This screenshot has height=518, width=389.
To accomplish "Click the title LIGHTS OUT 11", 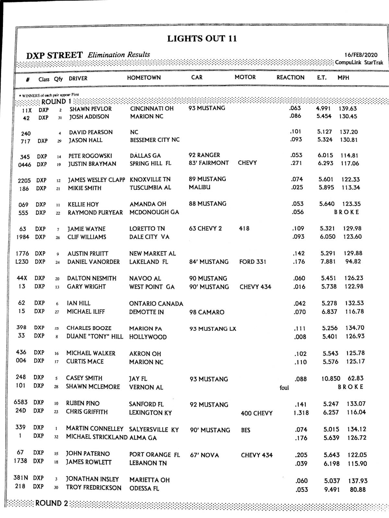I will [202, 39].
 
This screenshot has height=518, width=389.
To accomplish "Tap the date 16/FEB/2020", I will [361, 55].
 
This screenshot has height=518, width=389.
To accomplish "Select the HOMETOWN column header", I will [144, 78].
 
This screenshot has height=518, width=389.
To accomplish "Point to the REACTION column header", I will [290, 77].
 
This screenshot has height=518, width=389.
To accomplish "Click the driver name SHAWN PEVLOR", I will [90, 109].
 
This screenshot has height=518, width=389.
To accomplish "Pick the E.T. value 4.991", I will [323, 108].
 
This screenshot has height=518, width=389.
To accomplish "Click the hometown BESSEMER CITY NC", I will [155, 140].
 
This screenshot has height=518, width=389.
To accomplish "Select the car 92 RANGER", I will [204, 155].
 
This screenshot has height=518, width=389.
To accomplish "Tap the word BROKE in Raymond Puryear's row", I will [347, 212].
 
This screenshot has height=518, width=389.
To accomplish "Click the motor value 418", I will [244, 229].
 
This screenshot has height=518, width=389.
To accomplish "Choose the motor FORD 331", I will [253, 262].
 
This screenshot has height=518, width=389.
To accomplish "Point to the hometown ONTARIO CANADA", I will [156, 304].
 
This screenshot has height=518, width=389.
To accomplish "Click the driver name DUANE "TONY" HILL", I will [95, 336].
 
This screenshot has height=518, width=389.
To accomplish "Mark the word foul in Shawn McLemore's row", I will [284, 388].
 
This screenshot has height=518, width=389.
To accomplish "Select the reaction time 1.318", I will [301, 413].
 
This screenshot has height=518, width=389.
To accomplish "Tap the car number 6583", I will [20, 402].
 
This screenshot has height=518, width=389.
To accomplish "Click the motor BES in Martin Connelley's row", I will [245, 430].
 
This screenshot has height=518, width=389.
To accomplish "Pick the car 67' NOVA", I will [204, 455].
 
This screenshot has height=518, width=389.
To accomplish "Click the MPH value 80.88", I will [358, 490].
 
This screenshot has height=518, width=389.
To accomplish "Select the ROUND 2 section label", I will [52, 503].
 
